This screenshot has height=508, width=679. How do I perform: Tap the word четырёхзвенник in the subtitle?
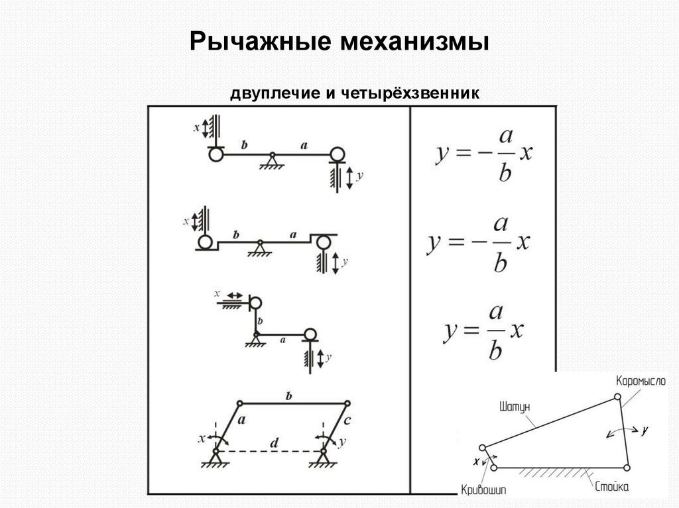coord(410,94)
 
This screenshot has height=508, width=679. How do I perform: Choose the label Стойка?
coord(612,487)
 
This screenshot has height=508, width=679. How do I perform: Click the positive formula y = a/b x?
coord(483,330)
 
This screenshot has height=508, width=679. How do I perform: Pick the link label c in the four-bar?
coord(349,420)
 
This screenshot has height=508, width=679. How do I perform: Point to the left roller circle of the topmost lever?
coord(215,154)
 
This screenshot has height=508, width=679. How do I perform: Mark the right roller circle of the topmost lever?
coord(337,154)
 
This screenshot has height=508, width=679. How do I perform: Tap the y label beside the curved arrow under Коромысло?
coord(644,430)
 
